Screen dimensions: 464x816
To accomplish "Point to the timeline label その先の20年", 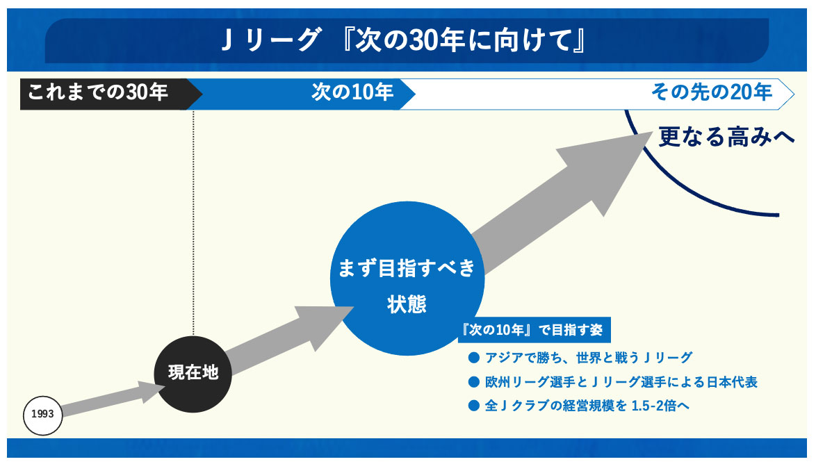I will (x=711, y=92).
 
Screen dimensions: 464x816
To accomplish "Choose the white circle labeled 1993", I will (x=43, y=415).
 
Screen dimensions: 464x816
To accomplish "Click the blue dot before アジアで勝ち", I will (x=475, y=358).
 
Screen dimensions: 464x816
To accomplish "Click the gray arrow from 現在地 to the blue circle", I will (x=285, y=339).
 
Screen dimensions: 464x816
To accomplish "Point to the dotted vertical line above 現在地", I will (x=193, y=222).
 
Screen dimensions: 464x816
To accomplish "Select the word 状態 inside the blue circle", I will (x=407, y=304).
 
